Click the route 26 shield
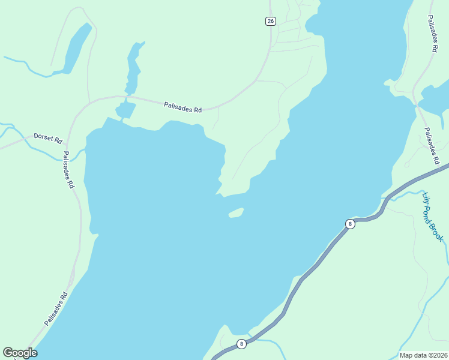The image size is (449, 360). click(x=270, y=21)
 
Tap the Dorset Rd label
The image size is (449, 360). click(x=48, y=139)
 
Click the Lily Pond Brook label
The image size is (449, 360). click(x=433, y=217)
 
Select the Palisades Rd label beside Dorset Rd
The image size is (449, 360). click(x=68, y=170)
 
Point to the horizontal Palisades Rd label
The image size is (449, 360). click(x=183, y=107)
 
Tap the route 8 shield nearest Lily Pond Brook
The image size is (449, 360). click(x=350, y=224)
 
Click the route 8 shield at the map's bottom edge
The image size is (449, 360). click(x=241, y=344)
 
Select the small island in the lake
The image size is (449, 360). click(x=236, y=213)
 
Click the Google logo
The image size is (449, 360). click(x=20, y=353)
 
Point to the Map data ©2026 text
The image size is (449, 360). click(x=423, y=355)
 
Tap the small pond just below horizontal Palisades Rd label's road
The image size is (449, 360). click(x=125, y=110)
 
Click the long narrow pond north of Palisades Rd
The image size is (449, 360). click(x=133, y=66)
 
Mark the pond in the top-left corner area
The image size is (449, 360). click(x=75, y=48)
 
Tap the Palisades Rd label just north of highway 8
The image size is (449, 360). click(x=432, y=146)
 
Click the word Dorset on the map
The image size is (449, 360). click(x=43, y=137)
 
